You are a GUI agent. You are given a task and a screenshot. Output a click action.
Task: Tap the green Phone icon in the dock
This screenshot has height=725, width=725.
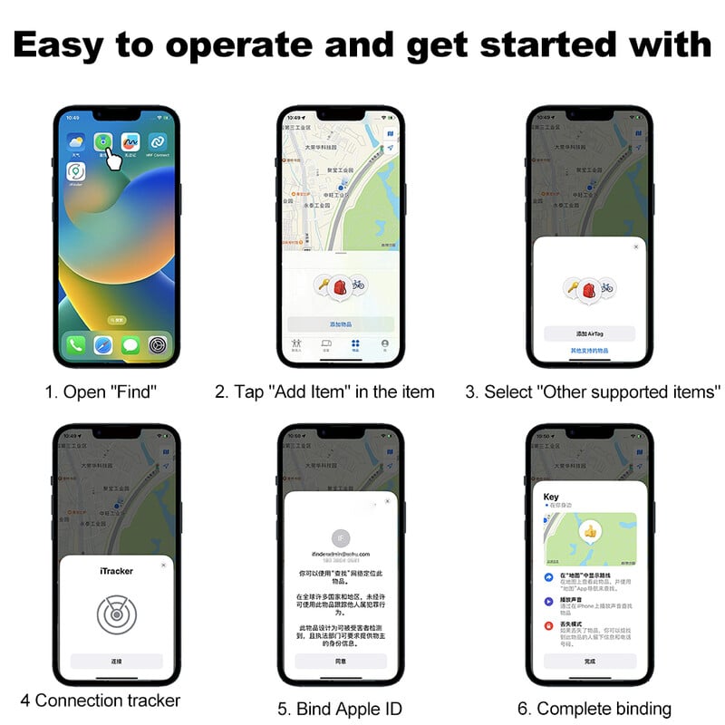pos(75,345)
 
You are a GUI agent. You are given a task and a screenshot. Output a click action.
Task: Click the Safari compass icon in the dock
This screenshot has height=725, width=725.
pos(102,345)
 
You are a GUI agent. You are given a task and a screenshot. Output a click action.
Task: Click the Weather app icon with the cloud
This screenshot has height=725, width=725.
pos(76,142)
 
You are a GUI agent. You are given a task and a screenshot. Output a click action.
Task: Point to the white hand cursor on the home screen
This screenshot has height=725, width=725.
pos(112,159)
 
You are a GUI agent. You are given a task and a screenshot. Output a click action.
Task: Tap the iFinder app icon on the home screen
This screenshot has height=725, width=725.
pos(76,171)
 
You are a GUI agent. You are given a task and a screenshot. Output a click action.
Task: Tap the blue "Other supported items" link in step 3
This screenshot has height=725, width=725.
pos(589,350)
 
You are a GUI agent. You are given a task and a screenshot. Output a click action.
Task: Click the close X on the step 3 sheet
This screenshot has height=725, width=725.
pos(635,246)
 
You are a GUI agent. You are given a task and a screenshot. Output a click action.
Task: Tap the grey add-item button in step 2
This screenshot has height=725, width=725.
pos(341,324)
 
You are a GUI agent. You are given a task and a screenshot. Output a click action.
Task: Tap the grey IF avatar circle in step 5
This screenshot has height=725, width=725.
pos(341,537)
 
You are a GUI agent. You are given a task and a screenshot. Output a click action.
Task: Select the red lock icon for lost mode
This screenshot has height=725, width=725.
pos(549,625)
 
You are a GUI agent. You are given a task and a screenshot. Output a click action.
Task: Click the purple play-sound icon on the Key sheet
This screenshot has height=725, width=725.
pos(549,601)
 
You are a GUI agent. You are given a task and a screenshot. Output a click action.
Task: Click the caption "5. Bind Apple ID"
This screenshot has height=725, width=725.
pos(340,708)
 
